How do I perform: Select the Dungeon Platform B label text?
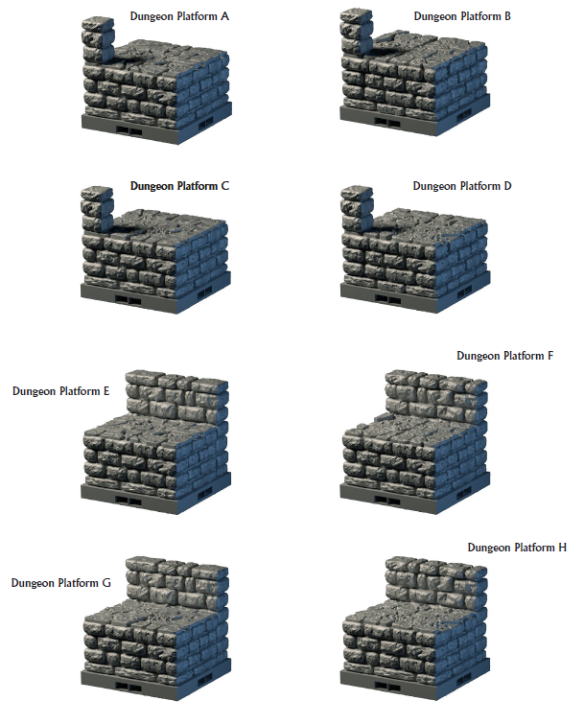tap(462, 16)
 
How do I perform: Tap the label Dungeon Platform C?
tap(178, 186)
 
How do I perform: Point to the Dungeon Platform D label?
tap(462, 186)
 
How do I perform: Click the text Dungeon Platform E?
tap(61, 391)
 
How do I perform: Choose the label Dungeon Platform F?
tap(505, 356)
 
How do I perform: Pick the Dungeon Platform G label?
tap(61, 583)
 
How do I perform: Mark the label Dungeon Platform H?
tap(517, 548)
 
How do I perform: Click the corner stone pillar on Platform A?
tap(96, 37)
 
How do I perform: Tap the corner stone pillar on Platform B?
tap(357, 30)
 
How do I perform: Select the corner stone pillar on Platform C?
tap(97, 207)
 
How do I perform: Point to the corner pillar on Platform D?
tap(357, 206)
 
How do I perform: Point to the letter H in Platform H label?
tap(562, 548)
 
